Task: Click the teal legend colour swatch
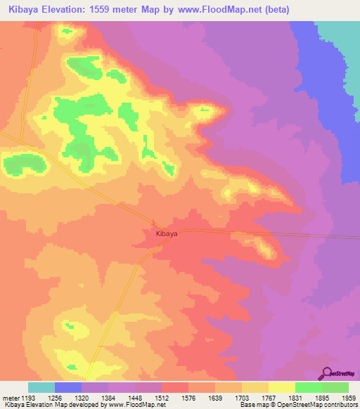point(41,387)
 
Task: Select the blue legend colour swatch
point(68,387)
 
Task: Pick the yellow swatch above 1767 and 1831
point(281,387)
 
